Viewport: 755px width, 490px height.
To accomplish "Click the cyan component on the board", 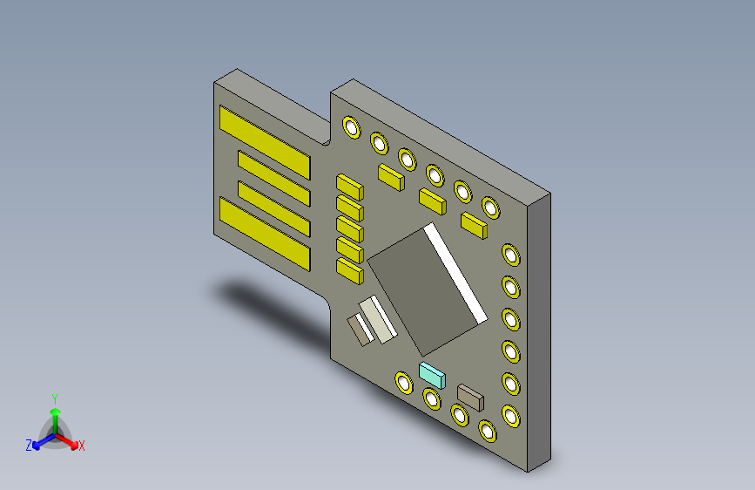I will coord(433,375).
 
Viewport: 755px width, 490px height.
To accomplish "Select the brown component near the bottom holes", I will coord(470,398).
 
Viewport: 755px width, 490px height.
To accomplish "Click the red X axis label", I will coord(82,446).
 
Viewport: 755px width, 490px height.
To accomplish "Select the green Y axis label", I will coord(54,397).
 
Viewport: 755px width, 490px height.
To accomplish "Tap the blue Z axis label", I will coord(29,445).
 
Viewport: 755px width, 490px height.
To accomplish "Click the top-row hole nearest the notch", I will coord(351,127).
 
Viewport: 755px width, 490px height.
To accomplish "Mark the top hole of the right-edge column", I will coord(511,255).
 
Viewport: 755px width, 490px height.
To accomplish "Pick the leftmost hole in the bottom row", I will coord(403,382).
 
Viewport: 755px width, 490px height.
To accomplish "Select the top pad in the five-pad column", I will coord(349,186).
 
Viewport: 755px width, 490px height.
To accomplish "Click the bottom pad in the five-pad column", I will coord(349,271).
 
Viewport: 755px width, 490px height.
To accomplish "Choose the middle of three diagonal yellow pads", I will coord(433,201).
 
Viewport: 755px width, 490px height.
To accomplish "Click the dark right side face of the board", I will coord(540,331).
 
